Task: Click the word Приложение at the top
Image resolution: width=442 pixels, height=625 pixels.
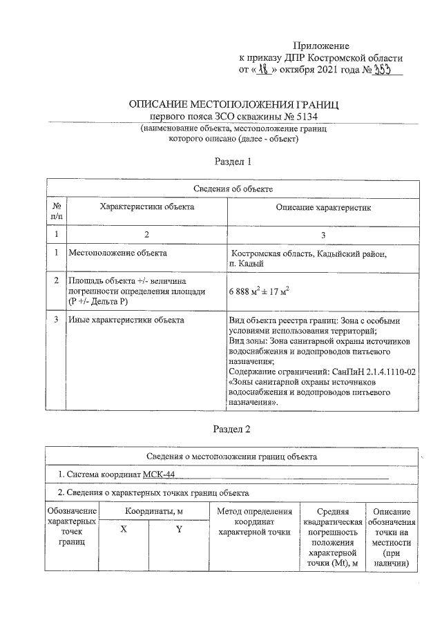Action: pyautogui.click(x=321, y=45)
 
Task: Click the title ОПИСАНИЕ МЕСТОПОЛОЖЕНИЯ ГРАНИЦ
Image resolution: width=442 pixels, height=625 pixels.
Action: pyautogui.click(x=234, y=104)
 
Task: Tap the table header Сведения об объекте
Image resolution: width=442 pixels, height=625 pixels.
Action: pyautogui.click(x=233, y=189)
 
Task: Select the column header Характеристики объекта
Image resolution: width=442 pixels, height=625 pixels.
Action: pyautogui.click(x=146, y=206)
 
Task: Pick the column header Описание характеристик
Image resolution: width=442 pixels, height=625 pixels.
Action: pyautogui.click(x=323, y=207)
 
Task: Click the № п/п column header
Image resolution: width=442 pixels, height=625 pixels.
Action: pyautogui.click(x=55, y=211)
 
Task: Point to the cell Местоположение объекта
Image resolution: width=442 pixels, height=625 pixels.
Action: pyautogui.click(x=117, y=253)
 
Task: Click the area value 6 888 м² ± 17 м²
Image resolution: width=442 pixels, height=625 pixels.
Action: pyautogui.click(x=258, y=291)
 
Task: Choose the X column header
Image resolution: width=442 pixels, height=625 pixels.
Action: pyautogui.click(x=124, y=530)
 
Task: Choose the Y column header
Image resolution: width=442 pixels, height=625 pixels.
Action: pyautogui.click(x=178, y=530)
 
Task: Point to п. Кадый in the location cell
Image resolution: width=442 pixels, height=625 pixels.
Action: pyautogui.click(x=247, y=264)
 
